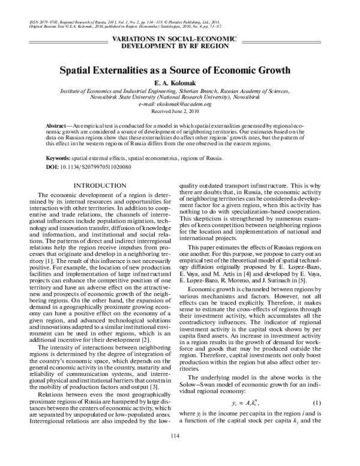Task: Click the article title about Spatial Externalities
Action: [179, 70]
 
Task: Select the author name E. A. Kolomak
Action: [179, 82]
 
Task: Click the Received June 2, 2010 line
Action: [179, 111]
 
